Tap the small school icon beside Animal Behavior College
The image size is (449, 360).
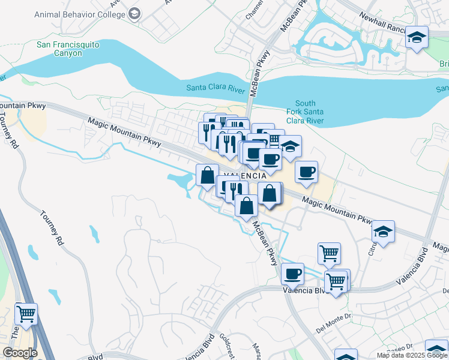(x=134, y=13)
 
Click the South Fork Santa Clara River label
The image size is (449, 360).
(x=309, y=112)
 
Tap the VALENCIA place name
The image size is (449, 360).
(x=244, y=175)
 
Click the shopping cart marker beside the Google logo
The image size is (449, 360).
(x=26, y=313)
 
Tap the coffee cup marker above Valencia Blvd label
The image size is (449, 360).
(x=292, y=274)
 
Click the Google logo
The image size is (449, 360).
(x=19, y=352)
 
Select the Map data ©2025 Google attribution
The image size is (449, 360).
(x=412, y=355)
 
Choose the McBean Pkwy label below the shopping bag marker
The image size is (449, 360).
(x=265, y=243)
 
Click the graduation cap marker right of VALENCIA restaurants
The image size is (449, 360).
(x=290, y=148)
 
